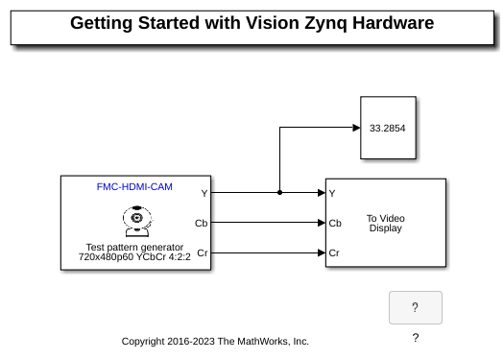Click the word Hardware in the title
393,23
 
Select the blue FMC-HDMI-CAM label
135,187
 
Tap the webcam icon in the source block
137,221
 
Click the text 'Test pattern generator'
135,247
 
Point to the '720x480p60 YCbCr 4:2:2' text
135,257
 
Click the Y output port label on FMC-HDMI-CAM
204,193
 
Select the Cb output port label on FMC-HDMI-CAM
201,223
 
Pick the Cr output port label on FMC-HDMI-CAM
202,253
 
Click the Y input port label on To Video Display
332,193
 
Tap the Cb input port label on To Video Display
335,223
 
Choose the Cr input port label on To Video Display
334,253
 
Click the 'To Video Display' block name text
386,223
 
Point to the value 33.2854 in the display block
387,128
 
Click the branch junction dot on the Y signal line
280,193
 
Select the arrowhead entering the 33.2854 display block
356,128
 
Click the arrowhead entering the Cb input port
321,223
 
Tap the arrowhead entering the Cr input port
321,253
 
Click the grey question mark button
416,308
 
